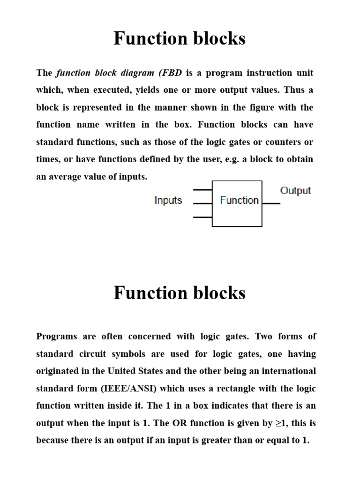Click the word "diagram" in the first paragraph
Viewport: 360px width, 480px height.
tap(139, 73)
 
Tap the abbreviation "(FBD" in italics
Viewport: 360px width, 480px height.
tap(171, 73)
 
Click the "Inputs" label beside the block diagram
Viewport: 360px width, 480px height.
tap(168, 201)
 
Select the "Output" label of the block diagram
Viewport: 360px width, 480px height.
tap(295, 191)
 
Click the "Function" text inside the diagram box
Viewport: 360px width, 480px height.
tap(239, 201)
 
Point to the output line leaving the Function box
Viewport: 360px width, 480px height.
tap(271, 203)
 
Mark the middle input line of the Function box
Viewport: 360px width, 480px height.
tap(202, 203)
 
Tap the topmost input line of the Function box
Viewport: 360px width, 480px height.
tap(202, 190)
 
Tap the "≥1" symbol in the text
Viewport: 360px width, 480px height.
tap(280, 423)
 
